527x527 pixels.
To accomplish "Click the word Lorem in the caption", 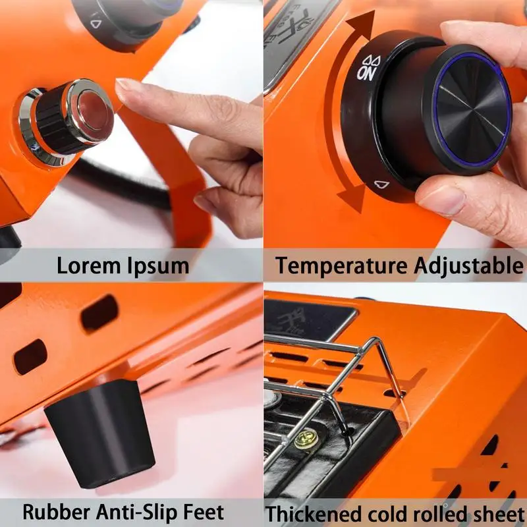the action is (89, 265).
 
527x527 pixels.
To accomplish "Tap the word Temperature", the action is (341, 266).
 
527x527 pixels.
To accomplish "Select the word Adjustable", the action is (468, 266).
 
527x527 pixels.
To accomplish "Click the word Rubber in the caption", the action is (56, 513).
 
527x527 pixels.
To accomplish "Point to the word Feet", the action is (204, 513).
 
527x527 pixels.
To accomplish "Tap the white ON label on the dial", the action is (366, 74).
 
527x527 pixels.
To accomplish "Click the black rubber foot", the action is (100, 433).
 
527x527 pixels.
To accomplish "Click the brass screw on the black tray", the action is (306, 439).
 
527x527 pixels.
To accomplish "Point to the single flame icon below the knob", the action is (382, 184).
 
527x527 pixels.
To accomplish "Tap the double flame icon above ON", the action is (371, 61).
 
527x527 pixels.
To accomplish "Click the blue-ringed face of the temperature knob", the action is (472, 110).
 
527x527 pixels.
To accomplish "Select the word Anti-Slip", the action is (136, 513).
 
